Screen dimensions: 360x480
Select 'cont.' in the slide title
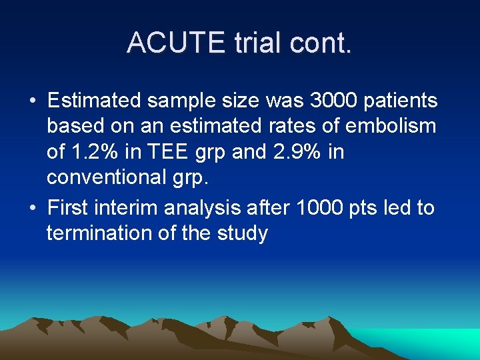pyautogui.click(x=321, y=42)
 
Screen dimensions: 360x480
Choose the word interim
pyautogui.click(x=128, y=207)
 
